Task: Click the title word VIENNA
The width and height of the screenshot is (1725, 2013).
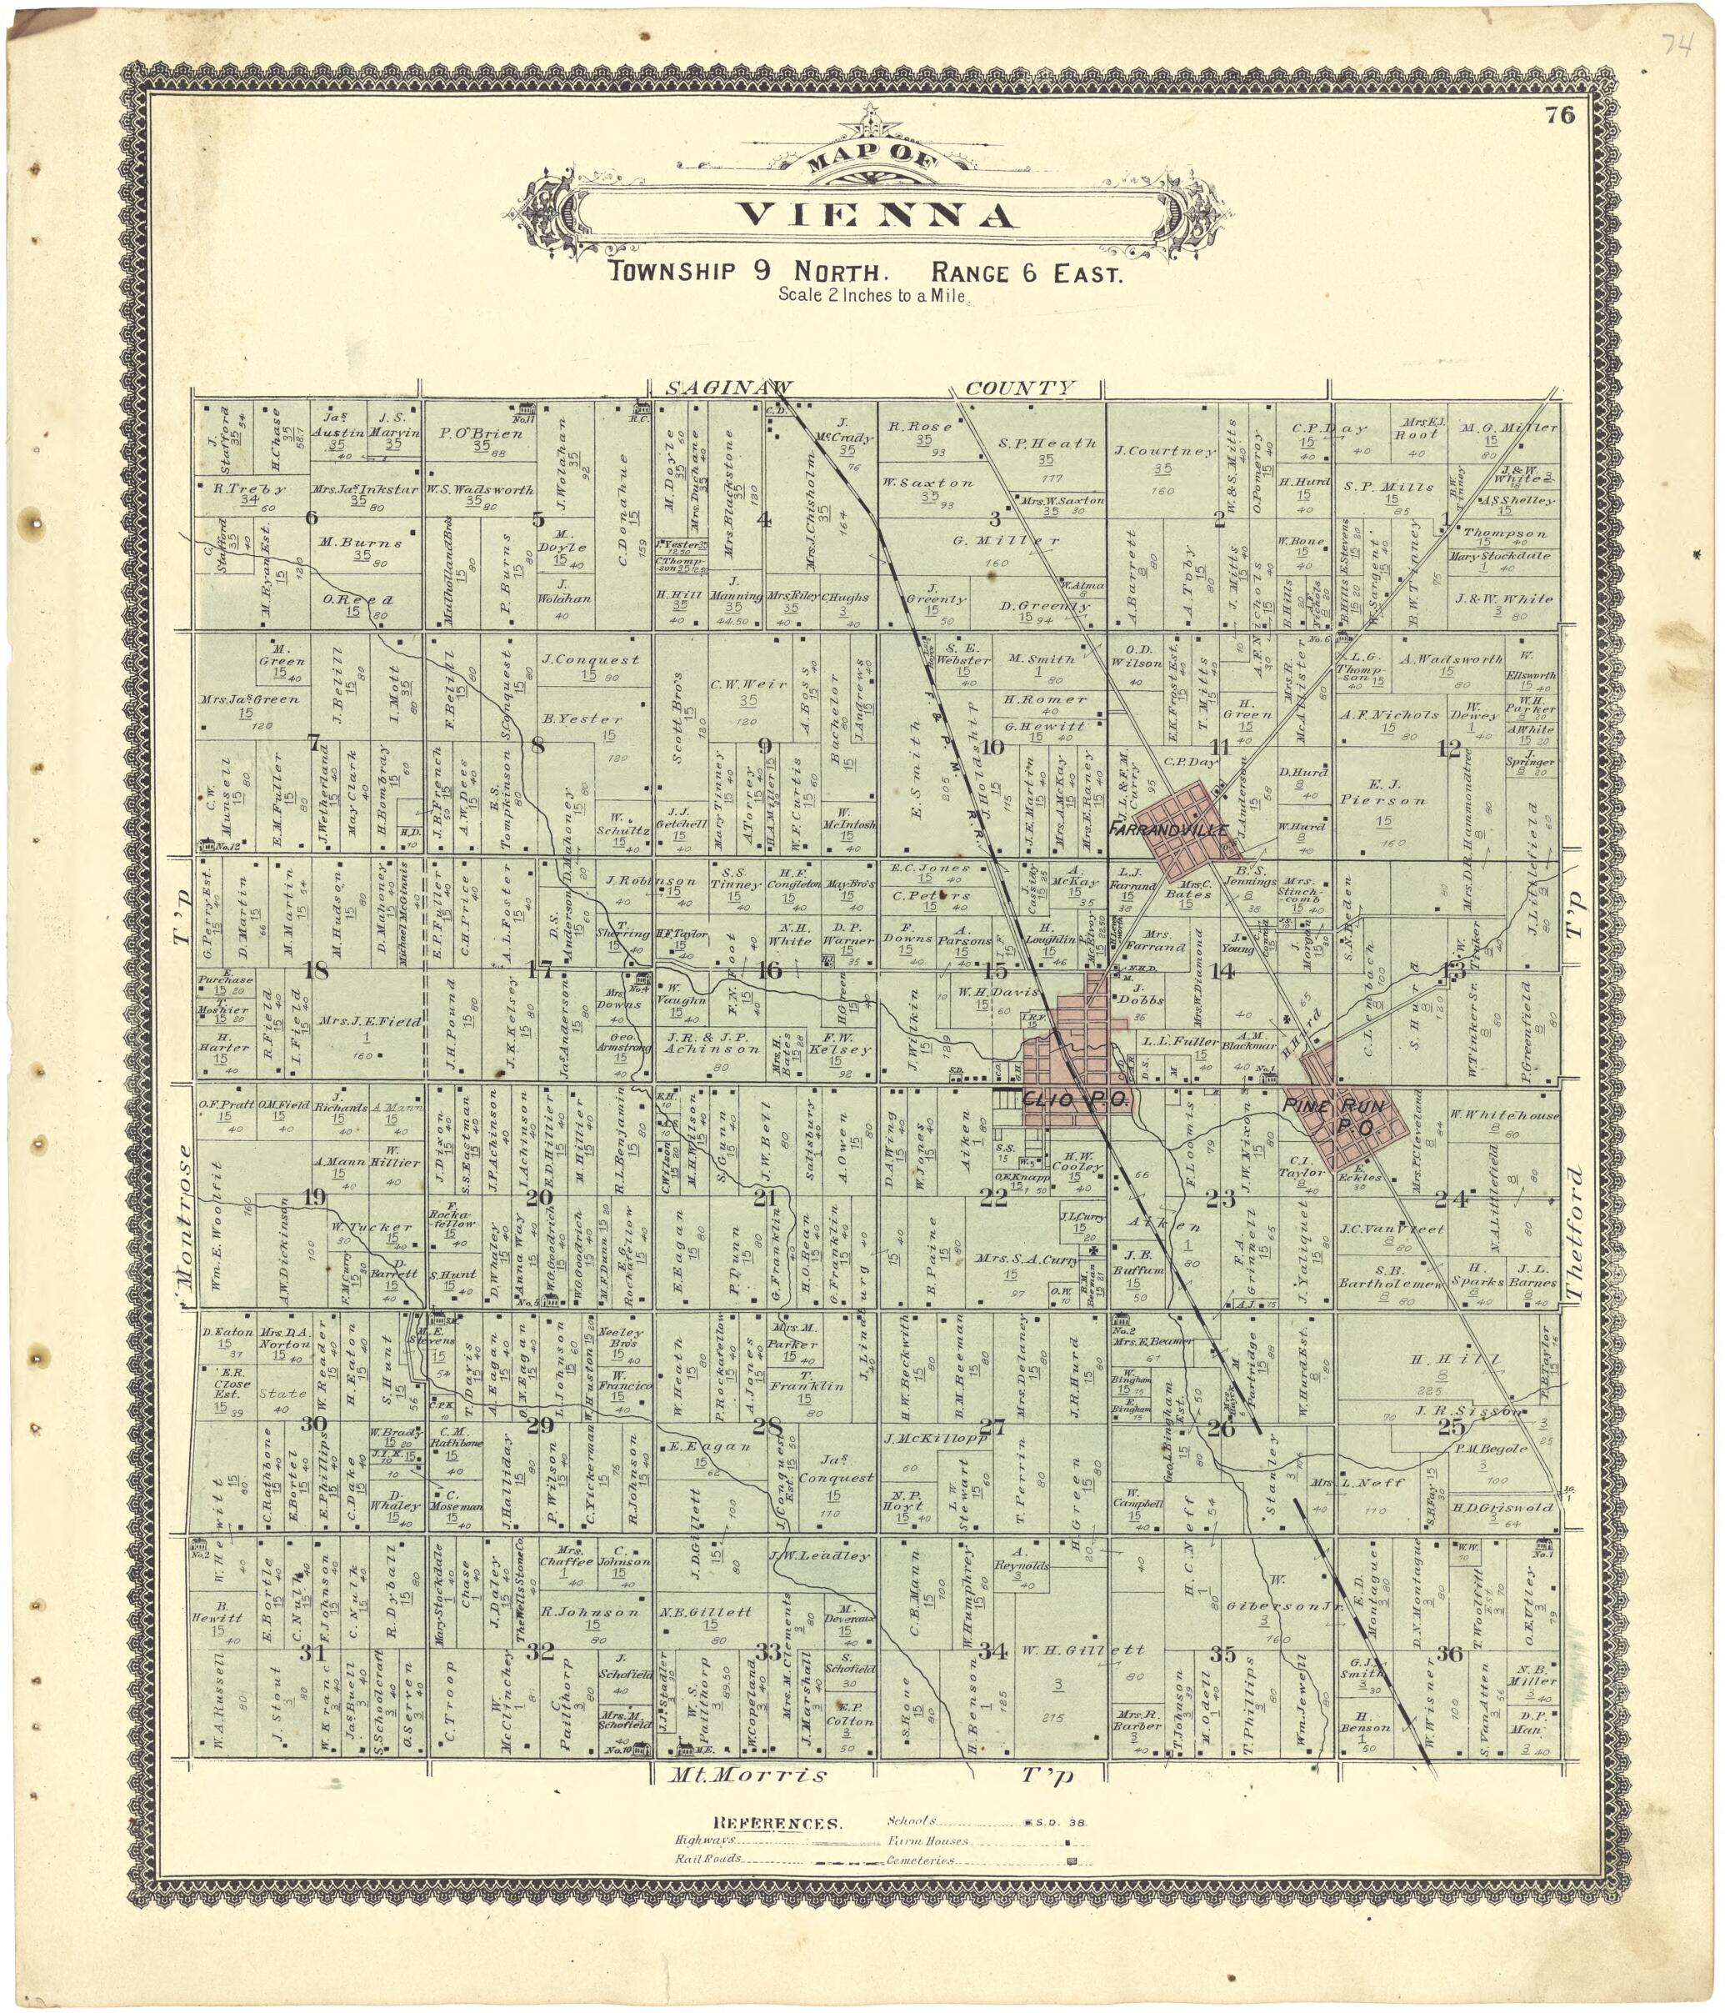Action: pos(876,215)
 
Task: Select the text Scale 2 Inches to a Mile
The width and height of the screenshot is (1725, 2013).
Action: pos(871,295)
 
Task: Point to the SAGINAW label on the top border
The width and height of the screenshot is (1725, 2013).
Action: pos(728,387)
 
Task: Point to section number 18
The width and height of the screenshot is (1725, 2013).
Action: pos(315,970)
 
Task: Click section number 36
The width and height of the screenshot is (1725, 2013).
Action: pos(1448,1653)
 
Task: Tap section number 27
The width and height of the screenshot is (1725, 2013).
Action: pos(992,1426)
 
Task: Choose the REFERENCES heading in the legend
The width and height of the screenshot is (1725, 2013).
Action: pos(777,1824)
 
